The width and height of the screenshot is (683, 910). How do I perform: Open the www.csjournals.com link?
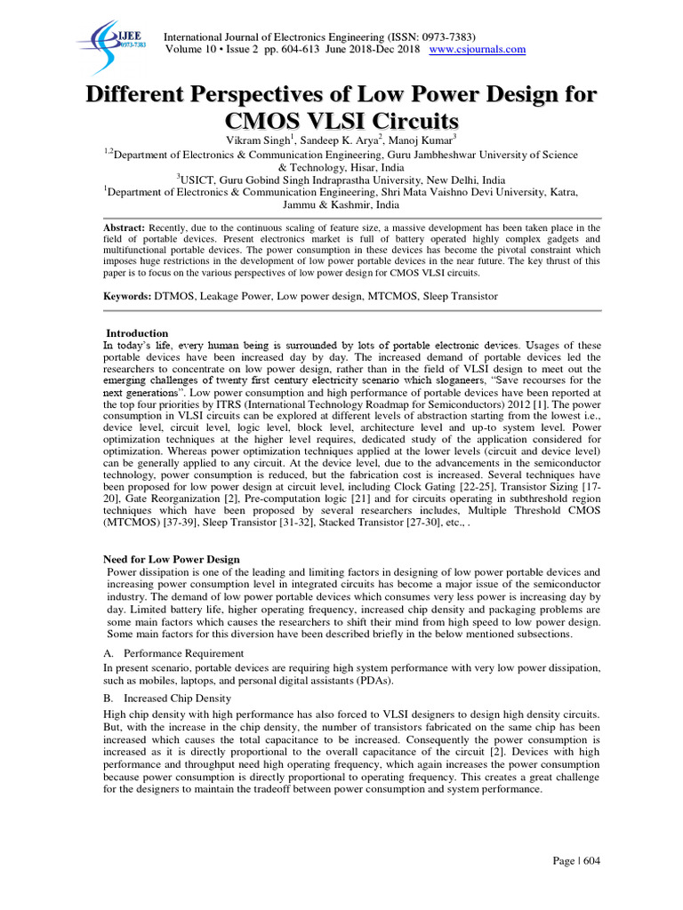[x=478, y=49]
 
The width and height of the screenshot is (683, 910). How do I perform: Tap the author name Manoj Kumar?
[x=425, y=140]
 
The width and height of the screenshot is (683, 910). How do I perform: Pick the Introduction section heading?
[x=137, y=333]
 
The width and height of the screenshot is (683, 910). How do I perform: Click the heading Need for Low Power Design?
[x=172, y=559]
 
